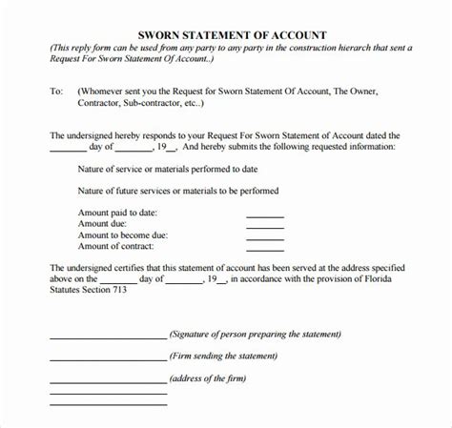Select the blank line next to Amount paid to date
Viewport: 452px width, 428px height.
265,216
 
